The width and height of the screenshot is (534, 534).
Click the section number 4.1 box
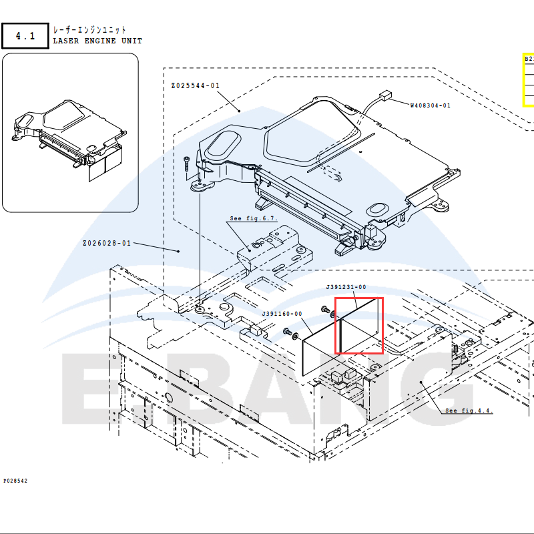click(25, 35)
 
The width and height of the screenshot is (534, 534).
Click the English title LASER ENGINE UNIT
click(97, 41)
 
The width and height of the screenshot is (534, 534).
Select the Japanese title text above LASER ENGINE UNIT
click(89, 30)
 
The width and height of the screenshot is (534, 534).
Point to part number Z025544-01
click(195, 85)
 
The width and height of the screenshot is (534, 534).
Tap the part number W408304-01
click(430, 105)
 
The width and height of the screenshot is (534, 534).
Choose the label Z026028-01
click(107, 243)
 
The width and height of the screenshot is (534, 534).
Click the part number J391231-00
click(346, 287)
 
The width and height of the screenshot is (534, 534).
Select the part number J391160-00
click(282, 314)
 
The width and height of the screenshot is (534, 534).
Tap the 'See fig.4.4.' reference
click(469, 411)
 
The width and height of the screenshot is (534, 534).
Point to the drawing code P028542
click(15, 481)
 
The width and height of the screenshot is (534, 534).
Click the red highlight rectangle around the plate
click(359, 326)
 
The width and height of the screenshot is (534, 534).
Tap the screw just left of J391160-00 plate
click(288, 332)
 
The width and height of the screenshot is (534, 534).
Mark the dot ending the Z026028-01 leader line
click(178, 251)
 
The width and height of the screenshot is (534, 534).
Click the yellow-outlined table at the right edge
click(528, 80)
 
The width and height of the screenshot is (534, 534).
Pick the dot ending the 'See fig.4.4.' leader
click(422, 382)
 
